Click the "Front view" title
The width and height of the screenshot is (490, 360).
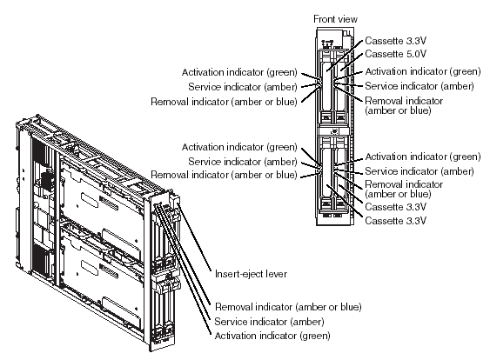click(x=335, y=19)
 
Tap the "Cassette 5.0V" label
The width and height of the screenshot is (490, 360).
click(x=395, y=54)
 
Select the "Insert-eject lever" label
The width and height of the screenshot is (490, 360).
click(x=251, y=274)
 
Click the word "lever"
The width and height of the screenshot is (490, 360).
click(x=276, y=274)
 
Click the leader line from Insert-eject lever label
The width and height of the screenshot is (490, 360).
click(x=194, y=237)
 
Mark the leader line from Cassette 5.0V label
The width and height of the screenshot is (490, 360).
click(x=352, y=62)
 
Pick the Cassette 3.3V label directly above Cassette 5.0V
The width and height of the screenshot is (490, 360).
click(x=395, y=41)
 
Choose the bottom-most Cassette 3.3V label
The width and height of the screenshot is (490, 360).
click(x=395, y=221)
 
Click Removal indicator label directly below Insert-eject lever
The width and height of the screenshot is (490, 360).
click(x=288, y=307)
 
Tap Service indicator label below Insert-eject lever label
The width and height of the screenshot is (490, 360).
click(x=270, y=322)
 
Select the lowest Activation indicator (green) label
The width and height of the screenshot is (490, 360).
click(x=272, y=336)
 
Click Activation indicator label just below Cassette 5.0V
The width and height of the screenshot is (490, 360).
click(x=423, y=71)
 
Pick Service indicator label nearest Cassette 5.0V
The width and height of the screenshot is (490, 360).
click(x=420, y=86)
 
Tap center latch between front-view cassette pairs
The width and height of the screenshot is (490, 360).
click(x=333, y=131)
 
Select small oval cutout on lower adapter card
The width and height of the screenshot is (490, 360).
click(x=90, y=265)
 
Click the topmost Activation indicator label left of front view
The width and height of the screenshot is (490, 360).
click(x=239, y=72)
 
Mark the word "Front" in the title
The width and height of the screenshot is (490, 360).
click(x=324, y=19)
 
